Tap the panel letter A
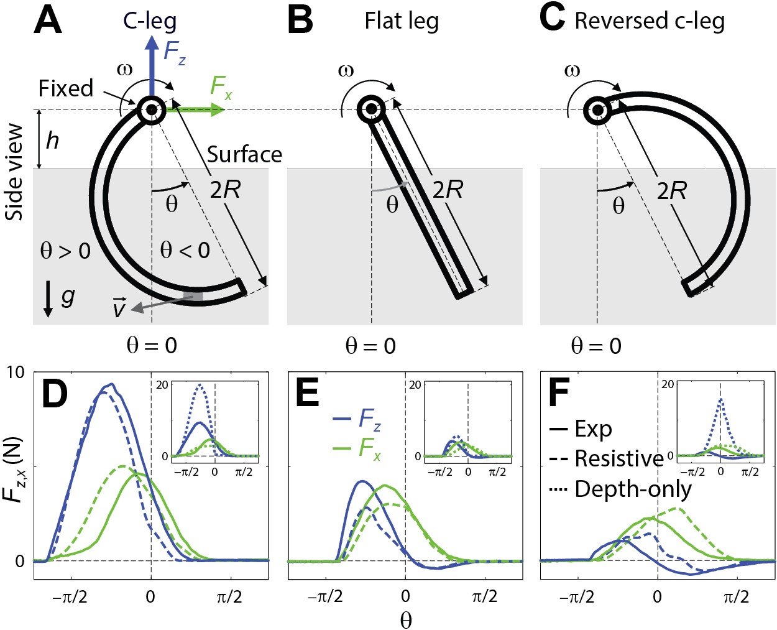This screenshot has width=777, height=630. coord(48,21)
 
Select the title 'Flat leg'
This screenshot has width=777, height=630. coord(402,21)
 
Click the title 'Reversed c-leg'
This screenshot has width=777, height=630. coord(650,21)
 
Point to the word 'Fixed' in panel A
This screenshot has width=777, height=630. coord(66,88)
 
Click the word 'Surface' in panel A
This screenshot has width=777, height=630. coord(244,154)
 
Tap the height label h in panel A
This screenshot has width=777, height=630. coord(53,141)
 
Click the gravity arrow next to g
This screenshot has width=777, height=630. coord(48,300)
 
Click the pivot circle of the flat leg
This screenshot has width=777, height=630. coord(371,109)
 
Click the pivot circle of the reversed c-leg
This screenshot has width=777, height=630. coord(597,109)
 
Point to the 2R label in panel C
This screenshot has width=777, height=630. coord(672,191)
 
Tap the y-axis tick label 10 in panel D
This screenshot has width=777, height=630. coord(16,373)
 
